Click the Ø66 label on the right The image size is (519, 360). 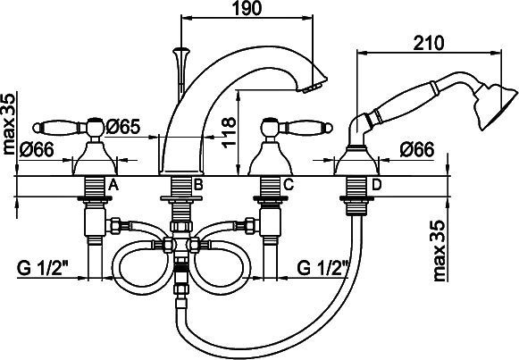point(417,149)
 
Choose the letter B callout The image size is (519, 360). point(198,185)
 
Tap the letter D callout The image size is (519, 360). point(376,185)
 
